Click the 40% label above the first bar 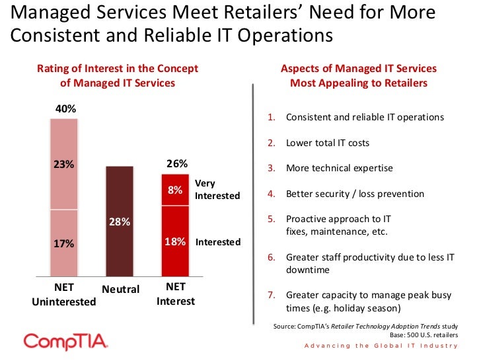pos(64,108)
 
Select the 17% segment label pos(64,243)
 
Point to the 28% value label pos(120,221)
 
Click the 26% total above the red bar pos(176,163)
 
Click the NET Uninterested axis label pos(64,295)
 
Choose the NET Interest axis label pos(176,295)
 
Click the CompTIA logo pos(65,342)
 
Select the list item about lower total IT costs pos(327,142)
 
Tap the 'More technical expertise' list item pos(339,168)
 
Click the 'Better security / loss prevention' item pos(355,194)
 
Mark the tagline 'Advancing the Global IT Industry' pos(381,346)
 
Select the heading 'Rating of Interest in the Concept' pos(118,69)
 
